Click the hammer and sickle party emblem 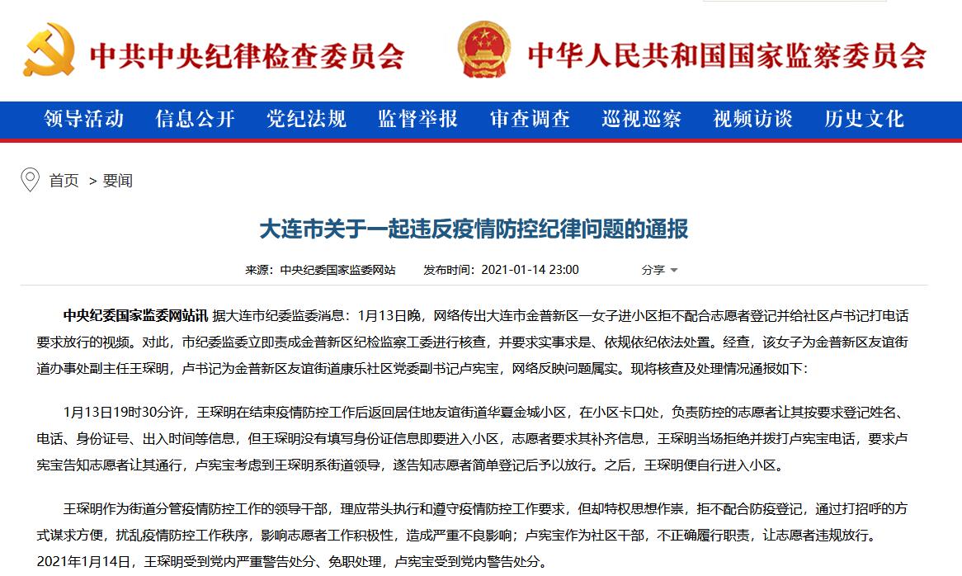pos(49,50)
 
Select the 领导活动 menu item pos(84,119)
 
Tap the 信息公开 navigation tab pos(196,119)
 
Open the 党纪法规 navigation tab pos(306,119)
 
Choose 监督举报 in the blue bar pos(417,119)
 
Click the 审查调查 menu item pos(530,119)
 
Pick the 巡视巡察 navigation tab pos(641,119)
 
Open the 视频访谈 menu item pos(752,119)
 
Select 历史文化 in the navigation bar pos(864,119)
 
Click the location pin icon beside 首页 pos(31,180)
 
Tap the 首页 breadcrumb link pos(64,181)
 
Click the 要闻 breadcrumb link pos(118,181)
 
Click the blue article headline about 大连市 pos(474,229)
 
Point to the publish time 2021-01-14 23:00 pos(530,270)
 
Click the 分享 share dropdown pos(659,270)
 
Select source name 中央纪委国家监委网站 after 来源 pos(337,270)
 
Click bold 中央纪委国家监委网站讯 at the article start pos(135,315)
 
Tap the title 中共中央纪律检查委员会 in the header pos(247,55)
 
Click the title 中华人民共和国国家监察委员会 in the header pos(727,55)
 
